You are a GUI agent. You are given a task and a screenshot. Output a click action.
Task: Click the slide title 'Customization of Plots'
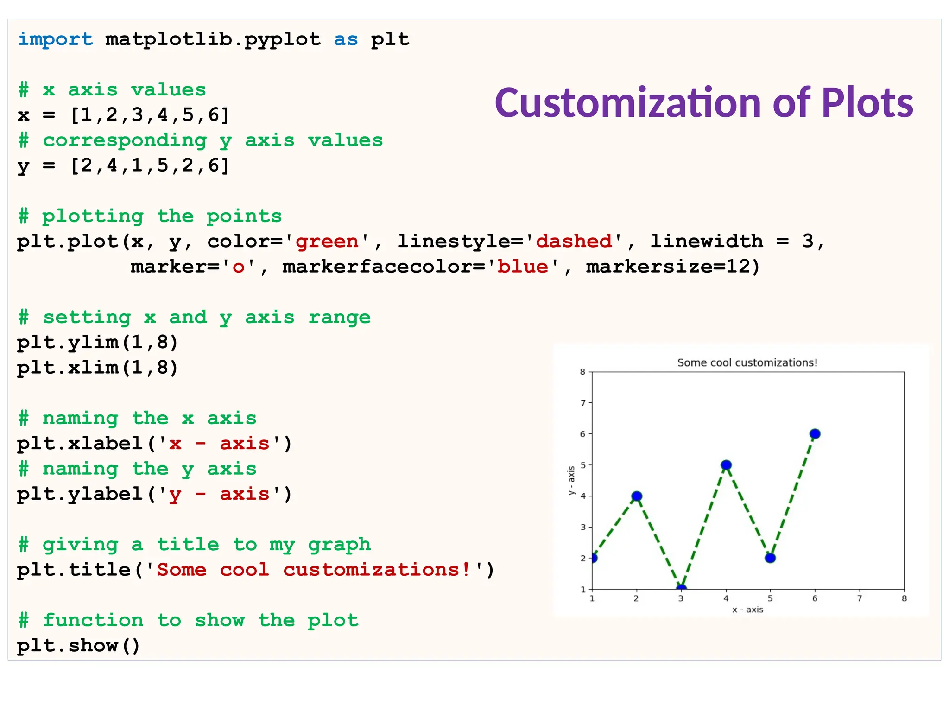pos(703,102)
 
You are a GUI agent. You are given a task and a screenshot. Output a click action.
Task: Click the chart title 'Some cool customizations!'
pos(747,362)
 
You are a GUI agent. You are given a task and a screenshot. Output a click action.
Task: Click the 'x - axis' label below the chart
pos(747,610)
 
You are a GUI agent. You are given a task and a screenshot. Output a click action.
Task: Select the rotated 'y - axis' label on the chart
pos(571,481)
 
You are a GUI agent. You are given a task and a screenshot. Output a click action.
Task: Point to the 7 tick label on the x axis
pos(860,598)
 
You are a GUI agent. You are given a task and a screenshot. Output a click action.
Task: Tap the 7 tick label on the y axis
pos(583,403)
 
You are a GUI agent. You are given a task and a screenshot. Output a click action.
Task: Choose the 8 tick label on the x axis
pos(904,598)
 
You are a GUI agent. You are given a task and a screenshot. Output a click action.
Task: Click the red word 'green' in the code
pos(327,242)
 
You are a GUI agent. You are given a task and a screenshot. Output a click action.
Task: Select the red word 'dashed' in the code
pos(574,242)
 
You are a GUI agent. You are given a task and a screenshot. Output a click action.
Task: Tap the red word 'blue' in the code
pos(523,267)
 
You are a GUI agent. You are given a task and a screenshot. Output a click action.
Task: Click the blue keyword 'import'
pos(55,39)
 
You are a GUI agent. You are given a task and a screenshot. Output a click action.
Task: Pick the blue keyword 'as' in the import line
pos(346,39)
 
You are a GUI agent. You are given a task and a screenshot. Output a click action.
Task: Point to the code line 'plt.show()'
pos(78,646)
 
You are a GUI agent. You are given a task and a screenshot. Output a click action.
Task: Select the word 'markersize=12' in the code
pos(667,267)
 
